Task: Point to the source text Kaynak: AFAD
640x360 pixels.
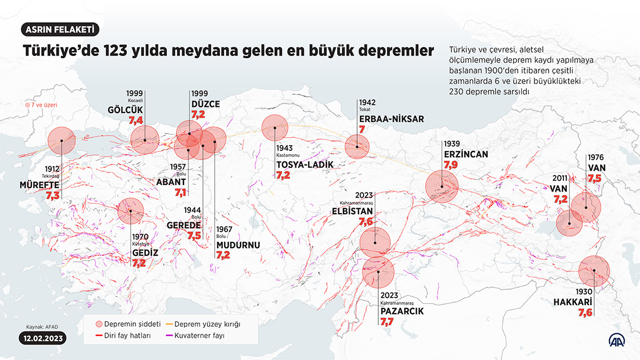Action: pyautogui.click(x=42, y=327)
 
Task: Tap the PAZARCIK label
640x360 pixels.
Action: pyautogui.click(x=402, y=311)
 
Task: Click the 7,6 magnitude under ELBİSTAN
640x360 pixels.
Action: pyautogui.click(x=366, y=221)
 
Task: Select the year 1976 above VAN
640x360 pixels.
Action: pyautogui.click(x=595, y=157)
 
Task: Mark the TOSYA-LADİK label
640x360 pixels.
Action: pyautogui.click(x=303, y=165)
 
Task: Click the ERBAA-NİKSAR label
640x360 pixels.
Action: pyautogui.click(x=391, y=119)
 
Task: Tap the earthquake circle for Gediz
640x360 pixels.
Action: pyautogui.click(x=131, y=211)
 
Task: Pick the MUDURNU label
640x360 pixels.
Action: pyautogui.click(x=238, y=245)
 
